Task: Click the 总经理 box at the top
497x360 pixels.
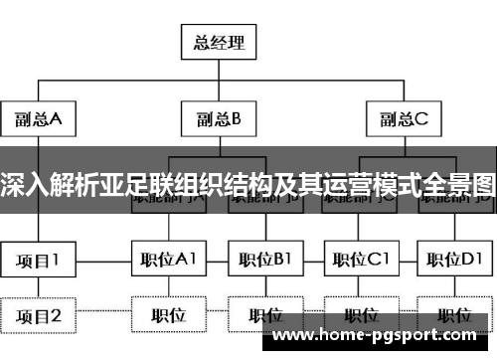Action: [219, 44]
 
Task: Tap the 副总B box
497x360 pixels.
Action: [219, 120]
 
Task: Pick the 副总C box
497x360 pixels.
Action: [402, 120]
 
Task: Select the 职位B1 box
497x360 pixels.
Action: [264, 261]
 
